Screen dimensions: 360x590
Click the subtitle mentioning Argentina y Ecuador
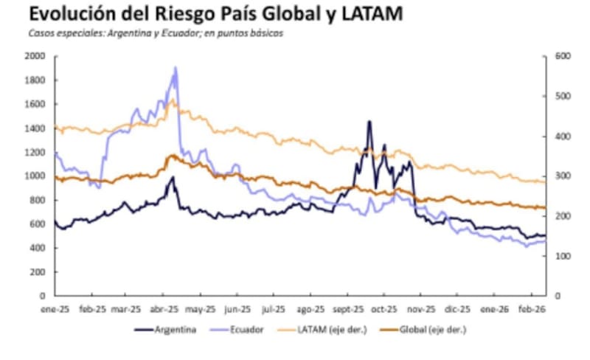click(x=156, y=33)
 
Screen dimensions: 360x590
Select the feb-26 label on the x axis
click(x=532, y=311)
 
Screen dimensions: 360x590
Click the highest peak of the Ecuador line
click(x=175, y=68)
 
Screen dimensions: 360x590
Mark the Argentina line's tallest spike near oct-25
click(x=369, y=122)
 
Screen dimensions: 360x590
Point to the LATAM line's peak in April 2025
click(x=172, y=100)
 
